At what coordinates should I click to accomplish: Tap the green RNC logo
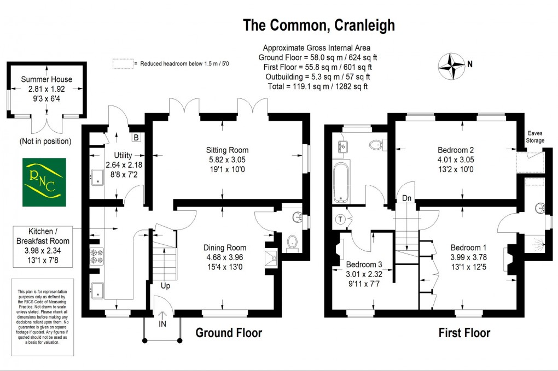44,182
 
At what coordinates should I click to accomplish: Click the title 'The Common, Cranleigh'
318,25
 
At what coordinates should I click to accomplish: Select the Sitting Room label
227,150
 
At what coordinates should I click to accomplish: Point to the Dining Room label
225,247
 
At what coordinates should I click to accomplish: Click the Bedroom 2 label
456,150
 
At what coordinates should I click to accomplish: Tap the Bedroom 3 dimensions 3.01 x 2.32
364,274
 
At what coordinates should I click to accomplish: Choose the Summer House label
47,79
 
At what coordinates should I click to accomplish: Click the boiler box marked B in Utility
136,137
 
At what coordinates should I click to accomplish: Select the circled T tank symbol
341,220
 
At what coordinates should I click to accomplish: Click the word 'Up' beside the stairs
165,285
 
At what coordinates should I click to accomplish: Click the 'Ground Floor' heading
229,332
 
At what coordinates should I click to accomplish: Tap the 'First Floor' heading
464,332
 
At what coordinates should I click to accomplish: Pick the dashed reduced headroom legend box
123,64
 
